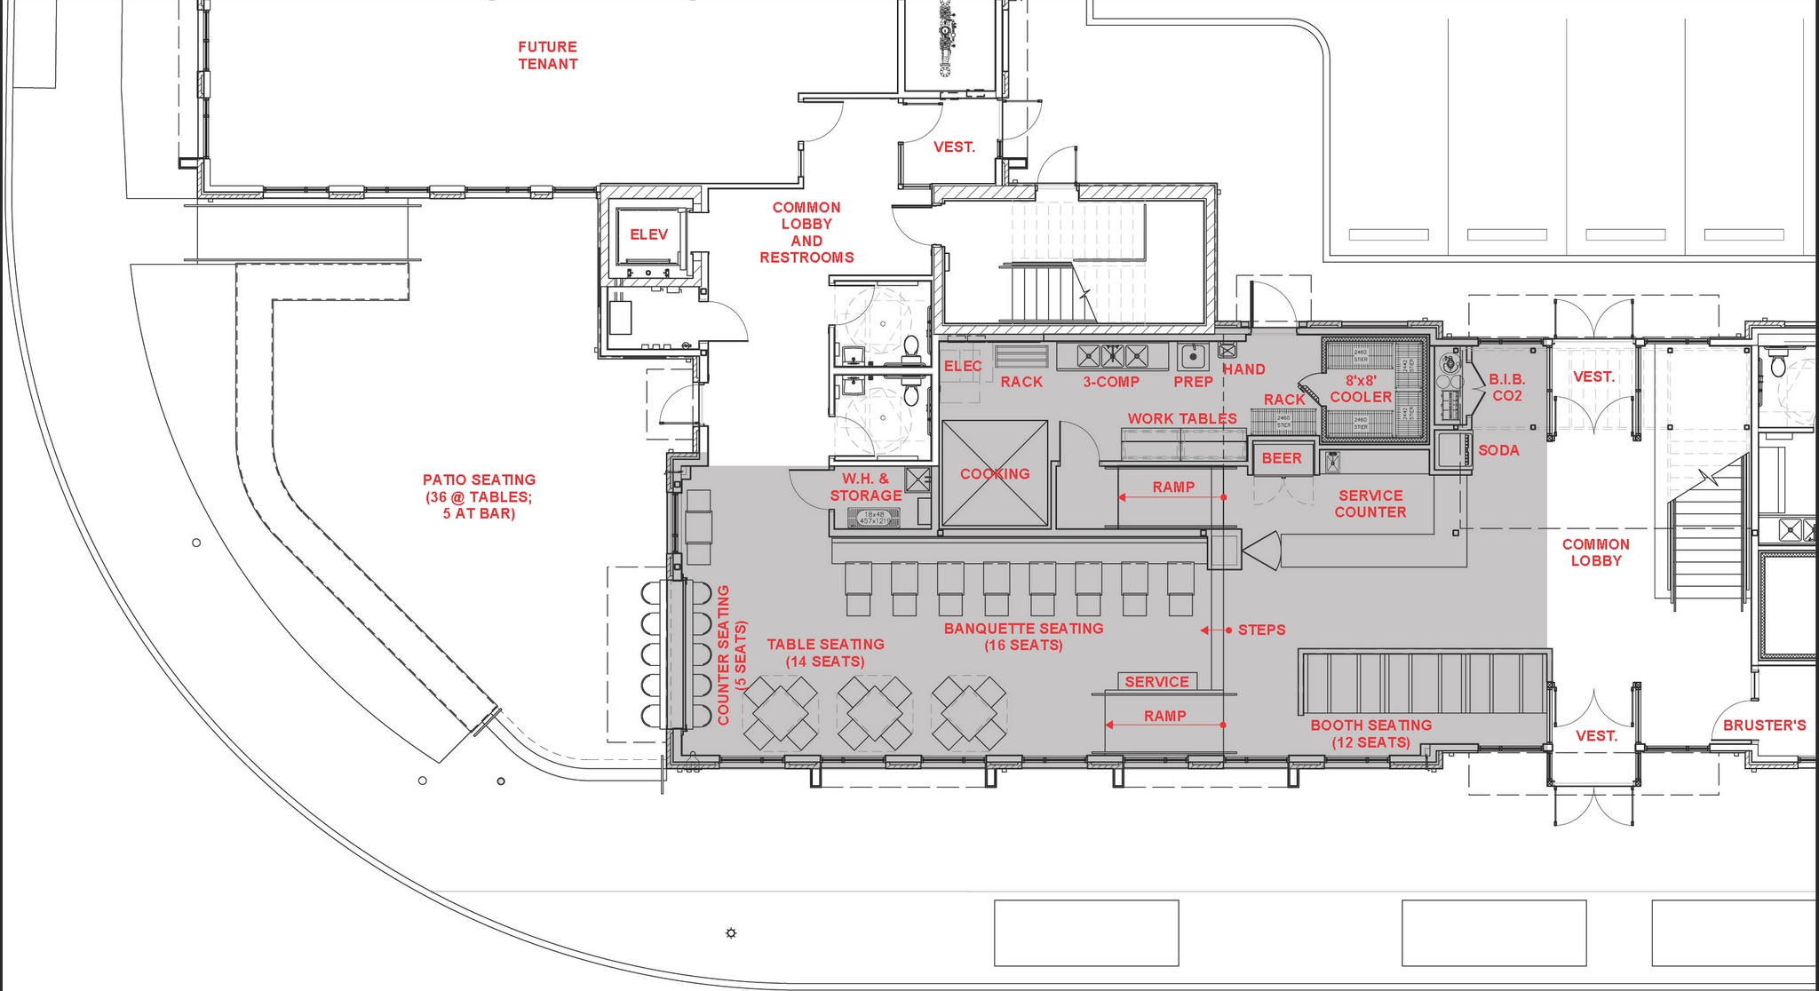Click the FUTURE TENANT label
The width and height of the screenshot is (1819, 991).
point(548,55)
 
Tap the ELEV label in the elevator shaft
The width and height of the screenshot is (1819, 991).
point(648,234)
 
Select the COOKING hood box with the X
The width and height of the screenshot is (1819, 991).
point(995,473)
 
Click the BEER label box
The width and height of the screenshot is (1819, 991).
point(1282,458)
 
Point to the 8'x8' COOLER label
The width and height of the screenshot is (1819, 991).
point(1361,388)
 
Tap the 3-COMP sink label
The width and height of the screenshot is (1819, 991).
point(1111,382)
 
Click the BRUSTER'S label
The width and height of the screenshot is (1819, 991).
point(1764,725)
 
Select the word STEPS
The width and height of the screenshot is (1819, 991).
point(1261,630)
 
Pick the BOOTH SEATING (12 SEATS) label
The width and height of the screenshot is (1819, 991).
point(1371,733)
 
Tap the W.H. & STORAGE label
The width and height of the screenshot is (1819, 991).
point(865,488)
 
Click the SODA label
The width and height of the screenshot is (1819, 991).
point(1498,450)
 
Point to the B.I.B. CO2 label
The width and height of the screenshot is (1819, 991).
point(1507,388)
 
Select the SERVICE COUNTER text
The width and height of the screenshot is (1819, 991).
point(1370,503)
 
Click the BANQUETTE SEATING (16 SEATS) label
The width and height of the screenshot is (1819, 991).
point(1023,637)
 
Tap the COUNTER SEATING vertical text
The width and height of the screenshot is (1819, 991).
point(731,654)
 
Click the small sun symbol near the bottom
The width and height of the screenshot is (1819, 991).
point(731,933)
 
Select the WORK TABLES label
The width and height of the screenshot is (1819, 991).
point(1182,418)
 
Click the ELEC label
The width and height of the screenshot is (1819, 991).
point(962,366)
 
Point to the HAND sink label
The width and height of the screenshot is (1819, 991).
point(1243,369)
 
